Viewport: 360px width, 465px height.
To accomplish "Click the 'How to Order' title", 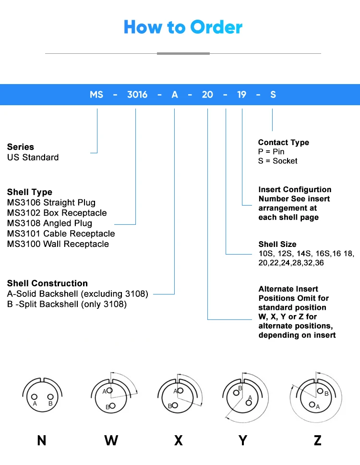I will point(183,27).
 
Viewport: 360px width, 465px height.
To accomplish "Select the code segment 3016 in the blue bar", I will point(137,95).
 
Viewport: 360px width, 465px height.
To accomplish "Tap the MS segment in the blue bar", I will point(96,95).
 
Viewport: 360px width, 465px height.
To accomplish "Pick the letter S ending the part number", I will point(273,95).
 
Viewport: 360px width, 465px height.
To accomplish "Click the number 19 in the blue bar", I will point(242,95).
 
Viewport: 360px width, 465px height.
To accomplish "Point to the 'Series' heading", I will point(21,147).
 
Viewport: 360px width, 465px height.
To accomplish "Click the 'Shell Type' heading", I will point(30,192).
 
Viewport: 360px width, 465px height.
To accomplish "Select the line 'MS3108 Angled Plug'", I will point(49,223).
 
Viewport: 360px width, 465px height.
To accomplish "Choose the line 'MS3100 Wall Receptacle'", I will point(58,244).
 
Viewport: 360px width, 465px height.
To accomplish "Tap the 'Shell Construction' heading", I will point(48,283).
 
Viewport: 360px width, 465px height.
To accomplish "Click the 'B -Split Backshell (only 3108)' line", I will point(67,304).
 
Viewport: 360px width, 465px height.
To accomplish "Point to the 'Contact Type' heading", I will point(284,142).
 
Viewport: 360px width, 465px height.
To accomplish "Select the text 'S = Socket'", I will point(278,161).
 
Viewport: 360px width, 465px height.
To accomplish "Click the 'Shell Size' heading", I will point(277,244).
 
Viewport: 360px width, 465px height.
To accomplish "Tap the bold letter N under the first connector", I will point(42,440).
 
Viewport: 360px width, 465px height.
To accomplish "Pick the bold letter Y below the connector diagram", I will point(243,440).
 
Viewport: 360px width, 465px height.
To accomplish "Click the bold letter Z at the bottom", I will point(317,440).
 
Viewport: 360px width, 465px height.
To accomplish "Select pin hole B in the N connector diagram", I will point(50,397).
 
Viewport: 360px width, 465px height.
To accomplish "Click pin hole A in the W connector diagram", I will point(109,391).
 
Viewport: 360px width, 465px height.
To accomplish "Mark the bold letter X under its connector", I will point(179,440).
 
